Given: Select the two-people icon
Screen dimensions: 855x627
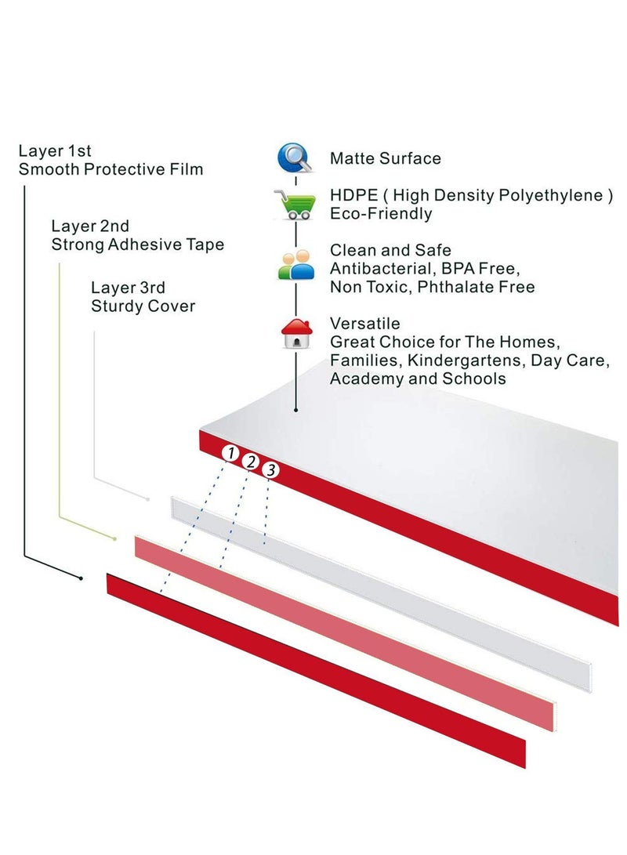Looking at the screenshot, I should click(295, 266).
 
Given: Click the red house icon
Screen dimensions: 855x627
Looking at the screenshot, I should click(296, 333).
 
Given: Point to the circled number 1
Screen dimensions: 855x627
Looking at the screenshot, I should click(230, 452).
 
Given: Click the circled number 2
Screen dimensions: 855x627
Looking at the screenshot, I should click(251, 461).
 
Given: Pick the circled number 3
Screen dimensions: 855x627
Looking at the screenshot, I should click(270, 470).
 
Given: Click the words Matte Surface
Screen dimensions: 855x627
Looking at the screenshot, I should click(385, 158).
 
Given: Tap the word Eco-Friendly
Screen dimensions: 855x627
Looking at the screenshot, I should click(380, 214).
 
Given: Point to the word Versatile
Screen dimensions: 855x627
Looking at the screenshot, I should click(365, 324).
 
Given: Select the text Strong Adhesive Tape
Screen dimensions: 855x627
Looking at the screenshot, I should click(137, 245).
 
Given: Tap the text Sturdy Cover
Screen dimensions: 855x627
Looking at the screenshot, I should click(143, 306).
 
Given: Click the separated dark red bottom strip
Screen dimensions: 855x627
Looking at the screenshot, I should click(313, 670).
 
